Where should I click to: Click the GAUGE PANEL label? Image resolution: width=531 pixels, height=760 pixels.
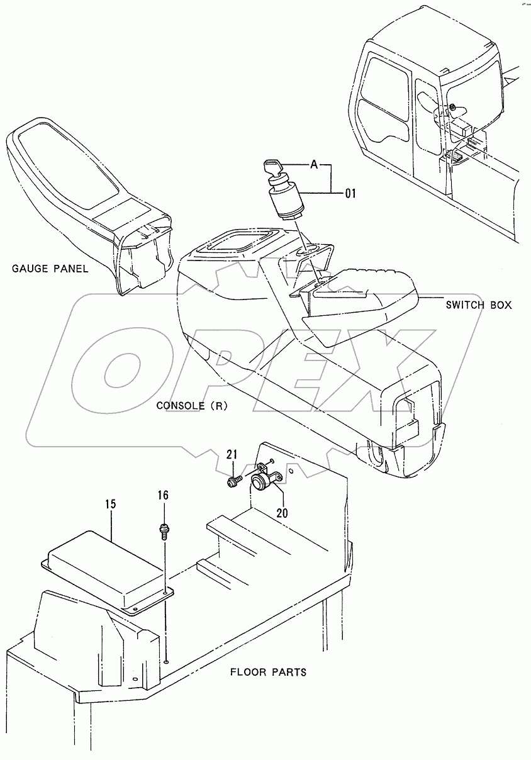tap(50, 269)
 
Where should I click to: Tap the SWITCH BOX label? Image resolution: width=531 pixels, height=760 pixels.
tap(478, 305)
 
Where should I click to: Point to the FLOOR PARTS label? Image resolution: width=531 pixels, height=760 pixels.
tap(268, 672)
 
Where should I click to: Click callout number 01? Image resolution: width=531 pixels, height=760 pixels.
tap(350, 194)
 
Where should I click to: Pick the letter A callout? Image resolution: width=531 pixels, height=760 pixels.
tap(313, 165)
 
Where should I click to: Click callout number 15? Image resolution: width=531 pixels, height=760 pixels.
tap(111, 504)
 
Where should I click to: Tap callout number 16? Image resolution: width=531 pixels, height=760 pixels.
tap(163, 496)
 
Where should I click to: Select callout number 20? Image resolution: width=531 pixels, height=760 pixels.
tap(282, 513)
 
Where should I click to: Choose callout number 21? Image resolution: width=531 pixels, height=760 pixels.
tap(231, 455)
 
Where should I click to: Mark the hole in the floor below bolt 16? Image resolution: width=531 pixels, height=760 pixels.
tap(166, 661)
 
